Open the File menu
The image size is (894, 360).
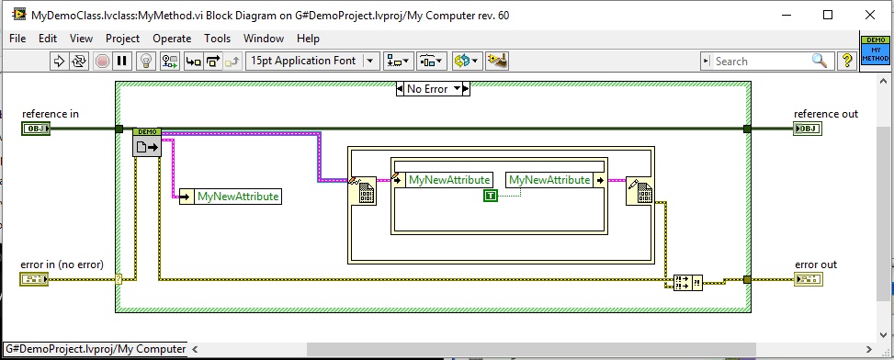(x=17, y=39)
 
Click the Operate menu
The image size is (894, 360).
(x=172, y=39)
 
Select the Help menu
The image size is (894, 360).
(x=308, y=39)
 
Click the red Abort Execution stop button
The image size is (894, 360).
(x=101, y=61)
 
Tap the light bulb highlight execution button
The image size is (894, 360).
(x=145, y=61)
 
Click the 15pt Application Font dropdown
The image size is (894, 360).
(x=312, y=61)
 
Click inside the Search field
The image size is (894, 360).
(x=758, y=61)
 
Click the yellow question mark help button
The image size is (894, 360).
(x=845, y=61)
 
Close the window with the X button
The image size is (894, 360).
(x=869, y=15)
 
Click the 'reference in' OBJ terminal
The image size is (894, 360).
(x=35, y=129)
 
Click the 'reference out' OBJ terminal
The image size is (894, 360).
(x=808, y=129)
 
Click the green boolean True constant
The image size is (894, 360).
(x=491, y=196)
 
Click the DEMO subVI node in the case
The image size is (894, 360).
(x=147, y=142)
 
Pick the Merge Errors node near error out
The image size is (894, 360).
(x=687, y=281)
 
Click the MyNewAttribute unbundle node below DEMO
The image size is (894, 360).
(x=229, y=196)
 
